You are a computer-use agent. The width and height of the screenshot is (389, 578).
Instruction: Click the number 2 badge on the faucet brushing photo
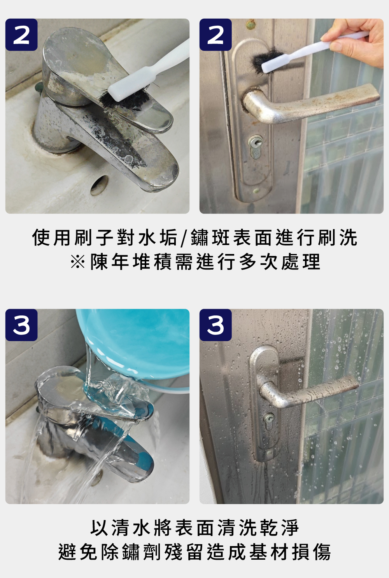pyautogui.click(x=21, y=35)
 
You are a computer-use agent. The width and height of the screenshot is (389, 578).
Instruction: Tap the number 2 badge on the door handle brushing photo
pyautogui.click(x=216, y=35)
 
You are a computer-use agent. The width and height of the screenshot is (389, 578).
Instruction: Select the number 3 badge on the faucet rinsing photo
pyautogui.click(x=21, y=325)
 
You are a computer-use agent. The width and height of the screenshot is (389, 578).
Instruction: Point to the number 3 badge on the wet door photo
pyautogui.click(x=216, y=325)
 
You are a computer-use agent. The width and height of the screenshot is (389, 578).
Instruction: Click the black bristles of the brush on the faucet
pyautogui.click(x=124, y=98)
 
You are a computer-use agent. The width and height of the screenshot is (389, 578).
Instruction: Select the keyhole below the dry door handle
pyautogui.click(x=256, y=142)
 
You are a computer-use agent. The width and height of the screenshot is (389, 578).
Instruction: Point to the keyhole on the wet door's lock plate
pyautogui.click(x=270, y=417)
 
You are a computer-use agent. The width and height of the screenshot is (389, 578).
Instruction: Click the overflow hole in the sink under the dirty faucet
pyautogui.click(x=99, y=185)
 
